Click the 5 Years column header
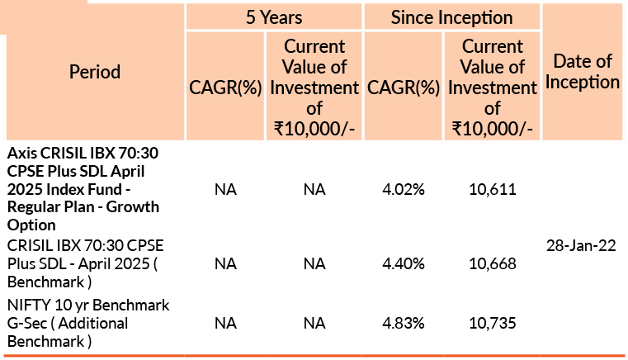tap(274, 17)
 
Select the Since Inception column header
tap(452, 17)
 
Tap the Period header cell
tap(96, 72)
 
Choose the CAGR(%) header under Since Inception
tap(404, 87)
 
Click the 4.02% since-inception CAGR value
tap(404, 190)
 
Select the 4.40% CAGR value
tap(404, 264)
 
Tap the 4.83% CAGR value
tap(404, 323)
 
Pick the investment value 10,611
tap(493, 190)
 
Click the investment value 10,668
tap(493, 264)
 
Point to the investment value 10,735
tap(493, 323)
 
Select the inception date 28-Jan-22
tap(581, 246)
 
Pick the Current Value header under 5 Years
tap(314, 87)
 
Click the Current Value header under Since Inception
tap(493, 87)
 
